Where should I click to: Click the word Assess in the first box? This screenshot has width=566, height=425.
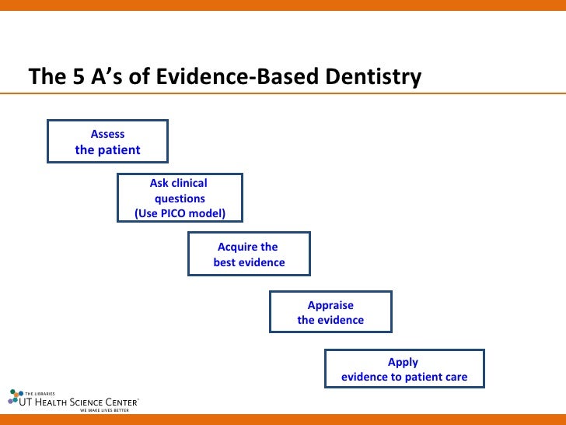107,134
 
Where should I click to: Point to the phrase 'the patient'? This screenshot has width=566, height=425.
107,149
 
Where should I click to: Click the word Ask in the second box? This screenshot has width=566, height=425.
159,184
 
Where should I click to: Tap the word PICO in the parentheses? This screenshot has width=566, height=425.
178,213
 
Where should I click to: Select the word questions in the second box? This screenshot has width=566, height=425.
180,198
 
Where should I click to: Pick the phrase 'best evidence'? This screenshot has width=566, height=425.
249,262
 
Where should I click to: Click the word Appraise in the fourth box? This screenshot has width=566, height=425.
330,305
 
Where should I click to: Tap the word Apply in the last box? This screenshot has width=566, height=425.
404,362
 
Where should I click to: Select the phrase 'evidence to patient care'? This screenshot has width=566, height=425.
404,378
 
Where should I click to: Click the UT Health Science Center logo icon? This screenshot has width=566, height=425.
16,396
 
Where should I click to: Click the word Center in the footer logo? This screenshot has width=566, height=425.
123,402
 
